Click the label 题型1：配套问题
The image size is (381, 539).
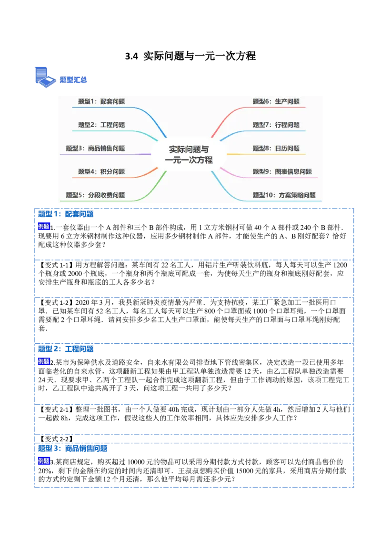pos(101,101)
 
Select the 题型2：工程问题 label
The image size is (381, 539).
pos(101,125)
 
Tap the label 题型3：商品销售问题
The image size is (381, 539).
pos(95,149)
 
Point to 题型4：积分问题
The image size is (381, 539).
pos(101,172)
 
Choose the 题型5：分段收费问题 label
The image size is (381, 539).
pos(95,195)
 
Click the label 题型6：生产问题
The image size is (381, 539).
pos(276,101)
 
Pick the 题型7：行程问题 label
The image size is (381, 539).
pos(276,125)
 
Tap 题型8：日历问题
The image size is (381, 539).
pos(276,149)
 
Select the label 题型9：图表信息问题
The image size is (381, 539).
pos(282,172)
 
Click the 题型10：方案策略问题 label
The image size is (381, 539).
pos(284,195)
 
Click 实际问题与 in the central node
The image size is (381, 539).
pos(189,150)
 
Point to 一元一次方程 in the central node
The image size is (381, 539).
pos(189,160)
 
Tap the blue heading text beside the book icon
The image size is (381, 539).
pos(73,80)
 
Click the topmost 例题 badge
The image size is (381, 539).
pos(43,227)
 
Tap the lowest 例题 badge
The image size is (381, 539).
pos(43,461)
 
